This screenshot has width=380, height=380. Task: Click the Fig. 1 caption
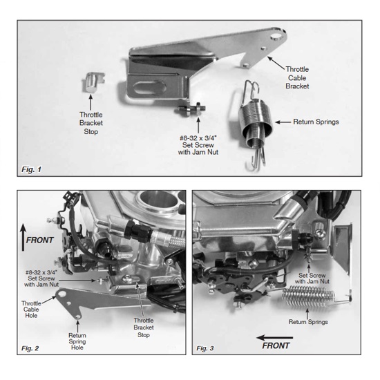pyautogui.click(x=30, y=168)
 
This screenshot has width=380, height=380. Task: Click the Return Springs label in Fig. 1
pyautogui.click(x=316, y=121)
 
